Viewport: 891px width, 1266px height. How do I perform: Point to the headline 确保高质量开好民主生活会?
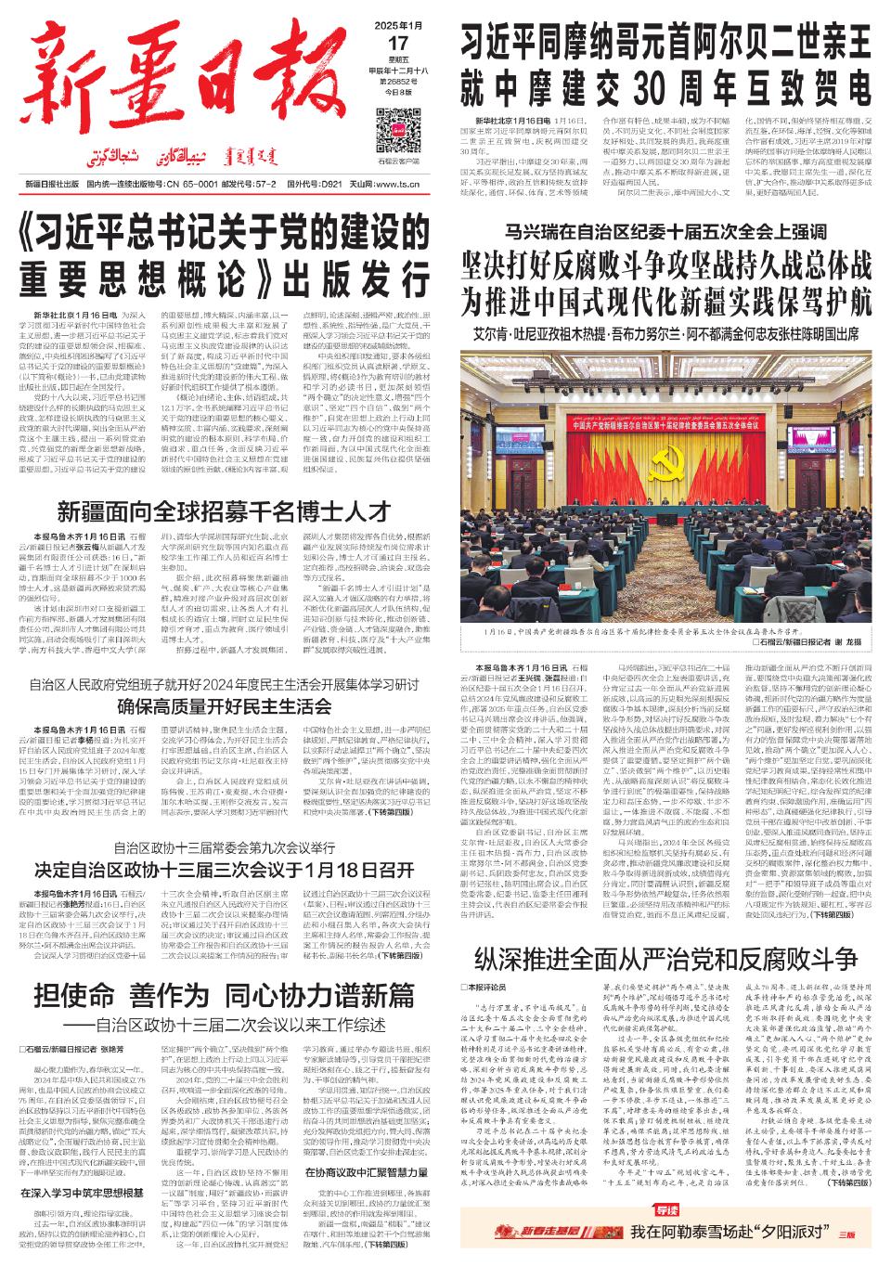(226, 705)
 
